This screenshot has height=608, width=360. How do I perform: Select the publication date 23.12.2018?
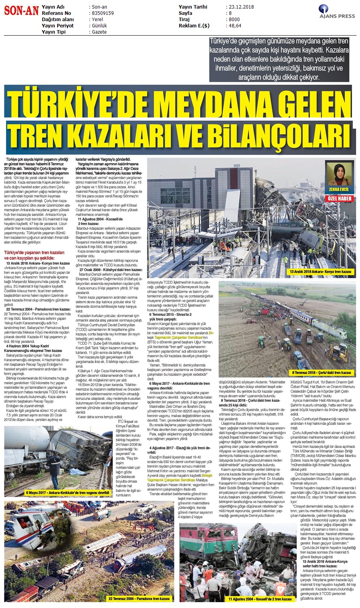pos(240,7)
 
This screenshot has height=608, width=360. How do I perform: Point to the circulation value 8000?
pos(234,20)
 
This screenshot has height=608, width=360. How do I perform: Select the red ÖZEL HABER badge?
pos(339,198)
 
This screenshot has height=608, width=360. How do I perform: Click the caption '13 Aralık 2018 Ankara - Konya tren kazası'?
pos(320,272)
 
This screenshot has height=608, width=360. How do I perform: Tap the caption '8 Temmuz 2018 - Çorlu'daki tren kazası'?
pos(322,372)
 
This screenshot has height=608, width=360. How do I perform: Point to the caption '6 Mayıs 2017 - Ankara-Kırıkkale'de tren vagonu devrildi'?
pos(67,493)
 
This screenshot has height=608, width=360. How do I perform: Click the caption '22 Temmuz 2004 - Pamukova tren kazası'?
pos(139,599)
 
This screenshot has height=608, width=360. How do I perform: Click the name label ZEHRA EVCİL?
pos(339,190)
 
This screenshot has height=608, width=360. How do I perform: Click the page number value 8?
pos(230,13)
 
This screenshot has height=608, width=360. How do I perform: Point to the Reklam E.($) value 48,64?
pos(235,26)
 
